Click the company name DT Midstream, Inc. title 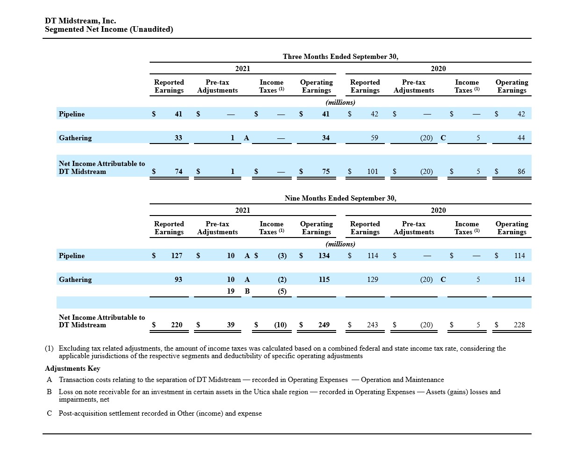tap(80, 21)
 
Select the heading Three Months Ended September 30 tap(340, 57)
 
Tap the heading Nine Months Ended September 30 tap(340, 198)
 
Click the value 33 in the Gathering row tap(178, 138)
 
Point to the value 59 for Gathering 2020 tap(374, 138)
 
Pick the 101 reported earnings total tap(372, 172)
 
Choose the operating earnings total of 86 tap(521, 172)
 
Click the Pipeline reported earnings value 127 tap(177, 256)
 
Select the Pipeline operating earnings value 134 tap(324, 256)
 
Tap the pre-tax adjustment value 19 tap(230, 291)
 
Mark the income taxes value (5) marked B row tap(282, 291)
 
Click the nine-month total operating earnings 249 tap(324, 325)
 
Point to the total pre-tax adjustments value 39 tap(230, 325)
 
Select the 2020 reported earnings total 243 tap(372, 325)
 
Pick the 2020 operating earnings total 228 tap(519, 325)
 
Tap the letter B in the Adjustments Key tap(49, 392)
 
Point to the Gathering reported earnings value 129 tap(372, 280)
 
